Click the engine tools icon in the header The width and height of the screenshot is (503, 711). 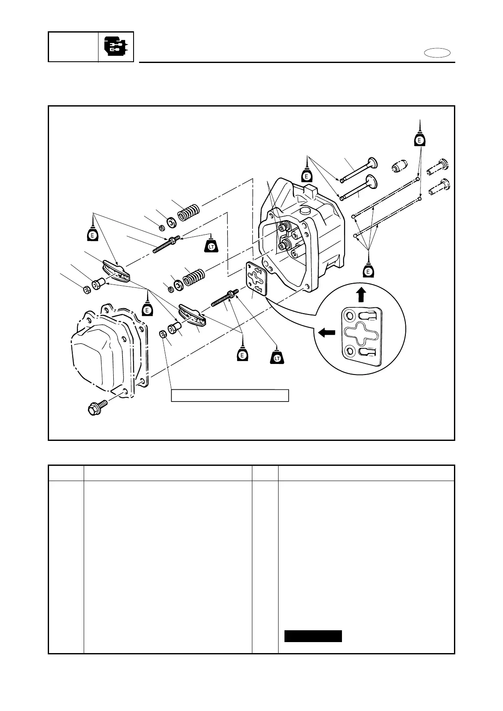pyautogui.click(x=116, y=46)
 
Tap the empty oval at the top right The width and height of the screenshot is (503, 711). pyautogui.click(x=437, y=53)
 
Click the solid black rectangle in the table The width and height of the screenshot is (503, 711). pyautogui.click(x=313, y=636)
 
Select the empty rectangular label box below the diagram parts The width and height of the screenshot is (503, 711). pyautogui.click(x=230, y=395)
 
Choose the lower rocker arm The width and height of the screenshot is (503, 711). pyautogui.click(x=193, y=315)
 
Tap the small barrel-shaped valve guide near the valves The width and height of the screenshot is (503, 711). pyautogui.click(x=400, y=166)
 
